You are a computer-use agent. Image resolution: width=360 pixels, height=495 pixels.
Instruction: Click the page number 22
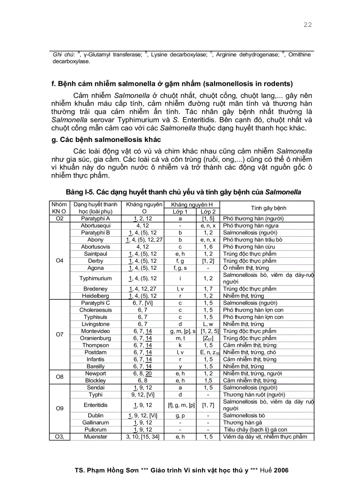(307, 25)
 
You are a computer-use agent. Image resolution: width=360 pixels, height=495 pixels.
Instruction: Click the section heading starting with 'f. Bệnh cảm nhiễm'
(172, 84)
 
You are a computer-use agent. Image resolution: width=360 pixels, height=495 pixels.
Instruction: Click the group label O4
(60, 261)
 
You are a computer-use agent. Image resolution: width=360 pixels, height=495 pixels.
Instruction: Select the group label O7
(60, 335)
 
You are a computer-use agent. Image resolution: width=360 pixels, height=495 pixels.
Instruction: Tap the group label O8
(60, 377)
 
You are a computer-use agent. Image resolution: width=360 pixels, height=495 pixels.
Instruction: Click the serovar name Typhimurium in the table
(95, 278)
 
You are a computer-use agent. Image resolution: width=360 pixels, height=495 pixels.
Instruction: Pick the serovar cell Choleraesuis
(95, 310)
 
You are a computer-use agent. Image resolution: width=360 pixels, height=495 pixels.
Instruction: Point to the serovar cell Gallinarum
(95, 422)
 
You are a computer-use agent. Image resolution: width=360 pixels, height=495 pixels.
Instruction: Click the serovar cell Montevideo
(95, 331)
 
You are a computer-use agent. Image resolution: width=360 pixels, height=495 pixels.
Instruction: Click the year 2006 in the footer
(281, 470)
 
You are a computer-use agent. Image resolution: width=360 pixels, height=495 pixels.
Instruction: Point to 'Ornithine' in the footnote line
(299, 55)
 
